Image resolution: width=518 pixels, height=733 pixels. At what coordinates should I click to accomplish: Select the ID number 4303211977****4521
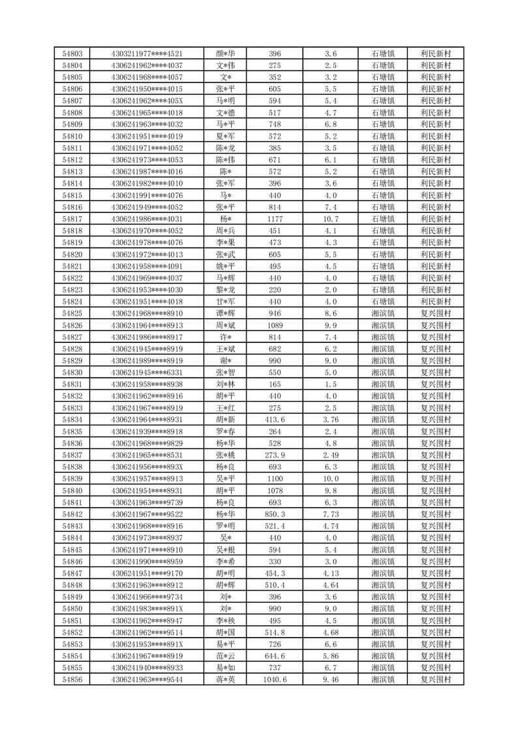point(147,54)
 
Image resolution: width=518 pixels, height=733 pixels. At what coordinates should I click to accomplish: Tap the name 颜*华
point(226,54)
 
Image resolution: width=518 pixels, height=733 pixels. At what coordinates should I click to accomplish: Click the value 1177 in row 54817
point(275,219)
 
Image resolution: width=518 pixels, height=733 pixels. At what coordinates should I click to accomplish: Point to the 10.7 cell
point(330,219)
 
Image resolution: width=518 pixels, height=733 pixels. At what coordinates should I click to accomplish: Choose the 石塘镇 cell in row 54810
point(383,137)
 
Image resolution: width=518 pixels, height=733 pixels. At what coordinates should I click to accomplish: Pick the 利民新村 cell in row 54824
point(436,301)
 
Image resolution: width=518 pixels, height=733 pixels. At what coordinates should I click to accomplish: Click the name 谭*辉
point(226,313)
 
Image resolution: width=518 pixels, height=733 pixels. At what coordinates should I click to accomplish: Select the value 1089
point(275,325)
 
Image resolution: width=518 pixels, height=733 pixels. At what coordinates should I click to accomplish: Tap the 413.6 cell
point(275,419)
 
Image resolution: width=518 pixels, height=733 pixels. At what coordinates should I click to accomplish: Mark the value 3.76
point(330,419)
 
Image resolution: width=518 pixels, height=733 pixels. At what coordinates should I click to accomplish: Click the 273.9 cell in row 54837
point(275,454)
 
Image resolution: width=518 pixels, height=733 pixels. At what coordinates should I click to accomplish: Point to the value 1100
point(275,478)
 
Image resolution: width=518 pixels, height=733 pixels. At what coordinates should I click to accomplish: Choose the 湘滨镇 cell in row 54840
point(383,489)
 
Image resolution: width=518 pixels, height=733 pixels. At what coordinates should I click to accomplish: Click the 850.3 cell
point(275,513)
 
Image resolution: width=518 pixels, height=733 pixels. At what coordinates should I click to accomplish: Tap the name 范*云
point(226,655)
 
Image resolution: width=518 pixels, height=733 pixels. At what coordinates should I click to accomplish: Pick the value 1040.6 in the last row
point(275,679)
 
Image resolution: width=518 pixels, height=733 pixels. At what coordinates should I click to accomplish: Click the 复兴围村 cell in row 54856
point(436,679)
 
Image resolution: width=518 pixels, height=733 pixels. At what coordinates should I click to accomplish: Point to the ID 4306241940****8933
point(147,667)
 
